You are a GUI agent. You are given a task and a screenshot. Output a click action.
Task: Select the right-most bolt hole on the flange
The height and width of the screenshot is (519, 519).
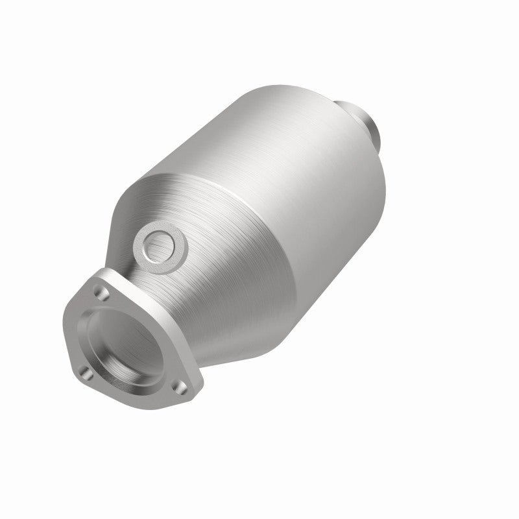pos(184,389)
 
